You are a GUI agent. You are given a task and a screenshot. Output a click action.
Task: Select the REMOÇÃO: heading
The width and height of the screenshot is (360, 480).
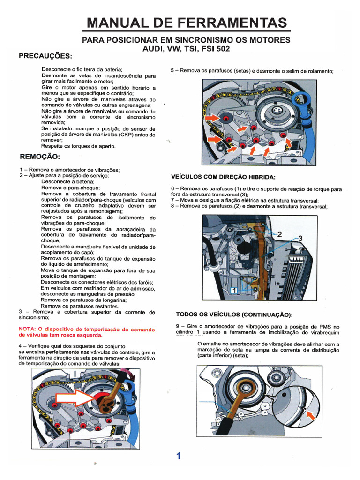pyautogui.click(x=40, y=156)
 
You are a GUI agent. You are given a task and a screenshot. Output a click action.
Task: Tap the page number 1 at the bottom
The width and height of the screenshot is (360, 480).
pyautogui.click(x=179, y=456)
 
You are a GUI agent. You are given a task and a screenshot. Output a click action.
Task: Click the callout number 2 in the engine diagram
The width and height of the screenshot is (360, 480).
pyautogui.click(x=279, y=234)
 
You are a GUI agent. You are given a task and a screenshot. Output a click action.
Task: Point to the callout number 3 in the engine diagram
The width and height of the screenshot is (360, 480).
pyautogui.click(x=300, y=239)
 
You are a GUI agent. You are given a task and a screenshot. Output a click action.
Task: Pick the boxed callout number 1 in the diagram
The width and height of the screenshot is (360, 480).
pyautogui.click(x=233, y=291)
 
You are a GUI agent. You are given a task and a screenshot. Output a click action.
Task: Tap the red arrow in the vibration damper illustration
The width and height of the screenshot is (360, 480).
pyautogui.click(x=310, y=413)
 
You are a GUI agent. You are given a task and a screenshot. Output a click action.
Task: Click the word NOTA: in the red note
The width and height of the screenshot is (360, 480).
pyautogui.click(x=28, y=329)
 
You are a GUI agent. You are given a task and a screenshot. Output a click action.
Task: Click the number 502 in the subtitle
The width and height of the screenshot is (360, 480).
pyautogui.click(x=222, y=49)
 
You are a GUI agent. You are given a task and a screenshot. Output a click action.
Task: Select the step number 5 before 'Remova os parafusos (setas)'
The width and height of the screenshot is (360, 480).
pyautogui.click(x=172, y=71)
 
